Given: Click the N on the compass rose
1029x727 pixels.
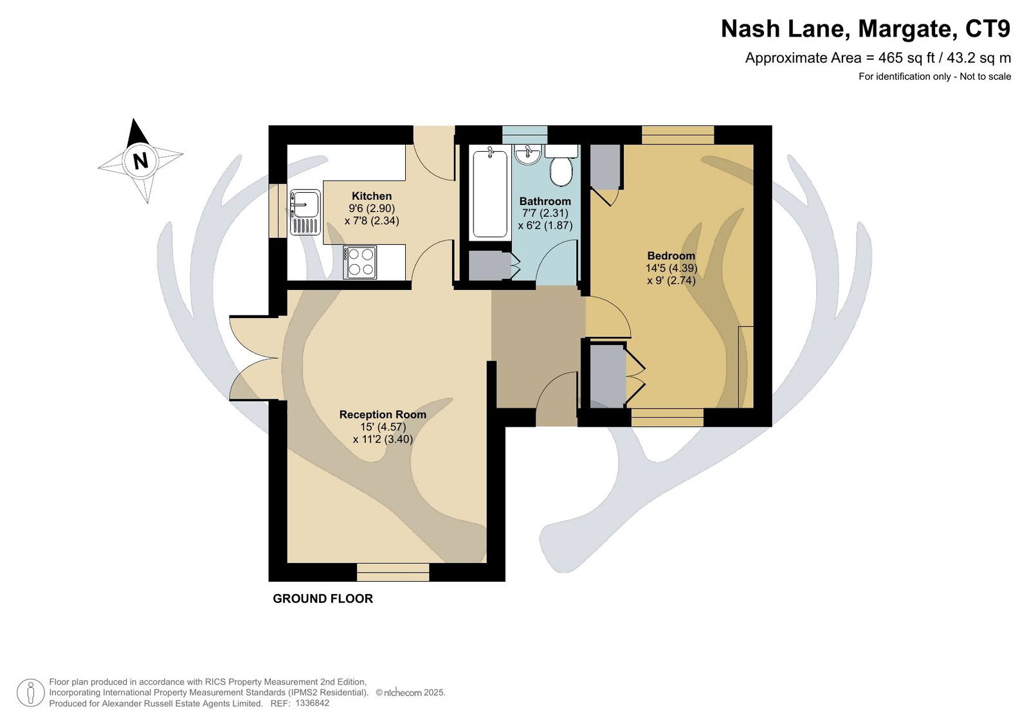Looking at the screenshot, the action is coord(141,161).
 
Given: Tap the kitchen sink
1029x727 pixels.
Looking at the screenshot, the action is coord(305,212).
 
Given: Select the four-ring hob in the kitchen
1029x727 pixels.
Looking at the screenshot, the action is coord(360,262).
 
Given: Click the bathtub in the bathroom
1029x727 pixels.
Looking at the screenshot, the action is coord(490,193).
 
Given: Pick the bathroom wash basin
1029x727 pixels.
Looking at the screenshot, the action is coord(528,154).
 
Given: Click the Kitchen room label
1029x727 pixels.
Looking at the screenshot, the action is coord(372,195).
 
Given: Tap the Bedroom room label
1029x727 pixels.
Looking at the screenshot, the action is coord(671,256).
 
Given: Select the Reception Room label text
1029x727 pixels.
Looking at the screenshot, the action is coord(383,414).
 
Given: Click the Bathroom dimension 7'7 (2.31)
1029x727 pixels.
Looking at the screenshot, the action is coord(545,213).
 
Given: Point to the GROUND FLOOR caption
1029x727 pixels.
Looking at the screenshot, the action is coord(323,598).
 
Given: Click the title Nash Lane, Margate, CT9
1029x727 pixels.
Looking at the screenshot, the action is coord(866,29).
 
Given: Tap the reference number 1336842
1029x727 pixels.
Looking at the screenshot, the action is coord(313,703).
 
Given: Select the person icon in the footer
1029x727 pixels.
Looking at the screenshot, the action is coord(31,693).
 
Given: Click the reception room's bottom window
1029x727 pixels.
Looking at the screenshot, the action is coord(393,572).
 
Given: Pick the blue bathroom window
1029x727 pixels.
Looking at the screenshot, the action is coord(525,134).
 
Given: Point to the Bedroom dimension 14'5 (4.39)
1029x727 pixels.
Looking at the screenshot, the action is coord(671,268).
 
